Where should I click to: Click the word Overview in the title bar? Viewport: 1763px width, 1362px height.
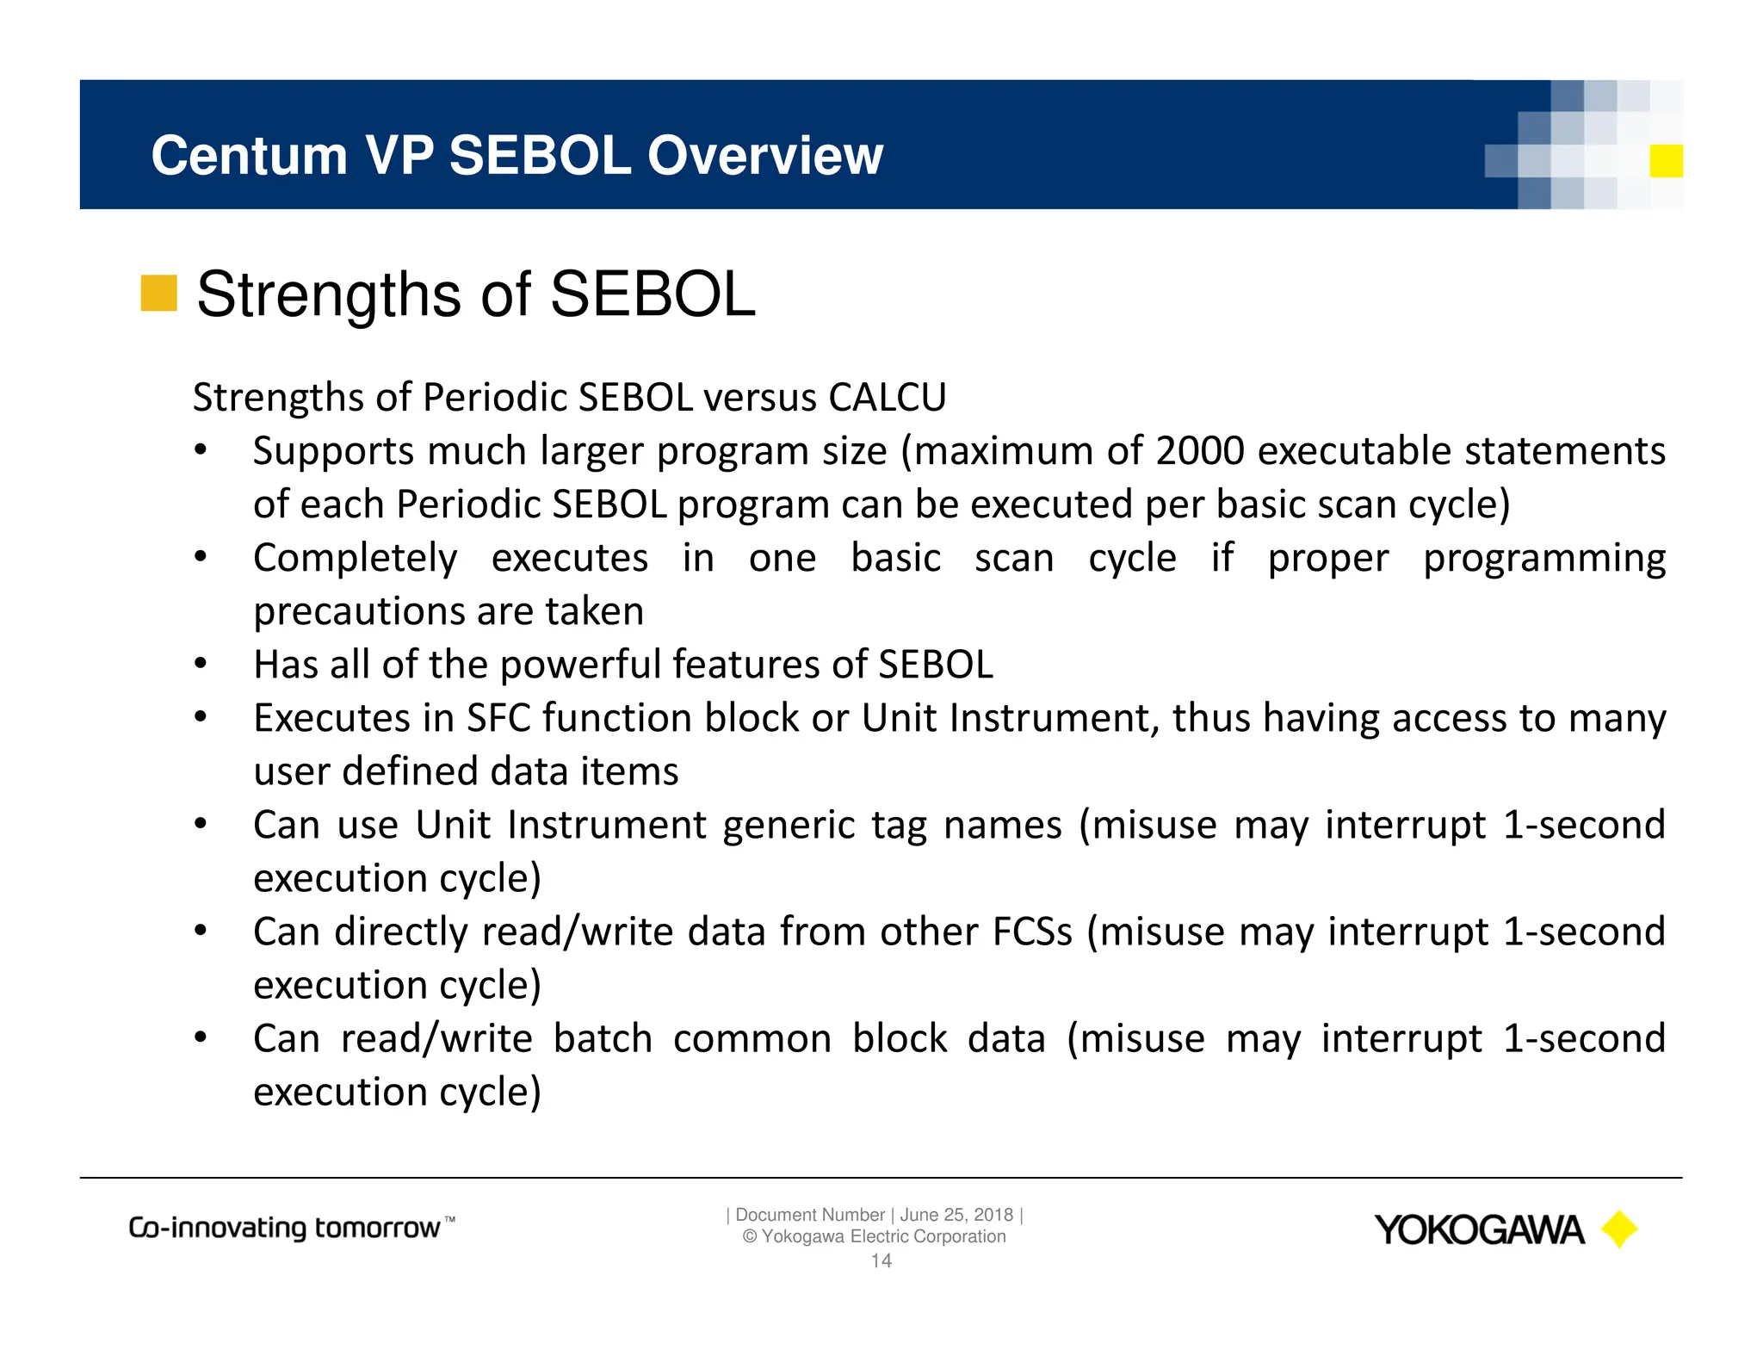764,156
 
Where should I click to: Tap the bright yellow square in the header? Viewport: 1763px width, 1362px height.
1666,161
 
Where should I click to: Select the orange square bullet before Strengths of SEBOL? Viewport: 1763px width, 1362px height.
158,294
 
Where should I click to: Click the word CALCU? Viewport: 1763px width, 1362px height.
887,398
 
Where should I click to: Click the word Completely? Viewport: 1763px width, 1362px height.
355,558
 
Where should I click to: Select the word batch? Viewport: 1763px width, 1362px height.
603,1038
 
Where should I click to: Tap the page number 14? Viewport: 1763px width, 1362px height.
881,1261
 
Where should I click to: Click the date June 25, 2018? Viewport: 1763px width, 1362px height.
956,1215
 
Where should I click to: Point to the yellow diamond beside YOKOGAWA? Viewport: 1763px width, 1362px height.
1618,1229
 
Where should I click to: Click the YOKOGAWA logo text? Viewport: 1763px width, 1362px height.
1478,1230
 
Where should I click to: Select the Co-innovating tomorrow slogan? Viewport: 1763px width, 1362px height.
291,1228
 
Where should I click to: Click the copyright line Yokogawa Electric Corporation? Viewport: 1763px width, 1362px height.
874,1237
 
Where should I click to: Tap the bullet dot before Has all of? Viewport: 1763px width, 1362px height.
201,664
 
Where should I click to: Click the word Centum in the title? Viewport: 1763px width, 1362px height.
249,156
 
